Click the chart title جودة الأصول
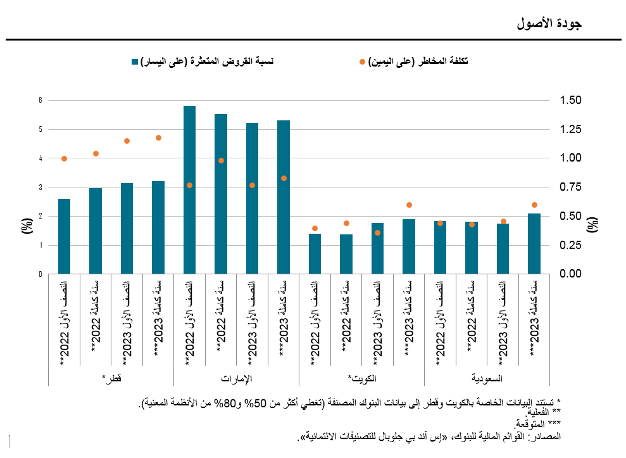pyautogui.click(x=548, y=24)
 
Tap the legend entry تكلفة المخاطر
pyautogui.click(x=418, y=61)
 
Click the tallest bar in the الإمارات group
pyautogui.click(x=189, y=190)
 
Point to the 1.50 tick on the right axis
pyautogui.click(x=570, y=100)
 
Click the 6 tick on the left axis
pyautogui.click(x=40, y=100)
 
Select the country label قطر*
pyautogui.click(x=111, y=378)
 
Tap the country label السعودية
pyautogui.click(x=487, y=378)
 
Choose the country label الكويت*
pyautogui.click(x=361, y=378)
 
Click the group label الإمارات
pyautogui.click(x=236, y=378)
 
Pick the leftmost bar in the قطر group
pyautogui.click(x=64, y=236)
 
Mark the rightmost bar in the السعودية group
pyautogui.click(x=534, y=244)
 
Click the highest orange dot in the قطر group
pyautogui.click(x=158, y=137)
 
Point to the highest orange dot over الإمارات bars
pyautogui.click(x=221, y=160)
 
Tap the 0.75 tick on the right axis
pyautogui.click(x=570, y=187)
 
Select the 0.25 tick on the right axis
pyautogui.click(x=570, y=245)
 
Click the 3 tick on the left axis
pyautogui.click(x=40, y=188)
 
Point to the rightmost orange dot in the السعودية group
pyautogui.click(x=534, y=205)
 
